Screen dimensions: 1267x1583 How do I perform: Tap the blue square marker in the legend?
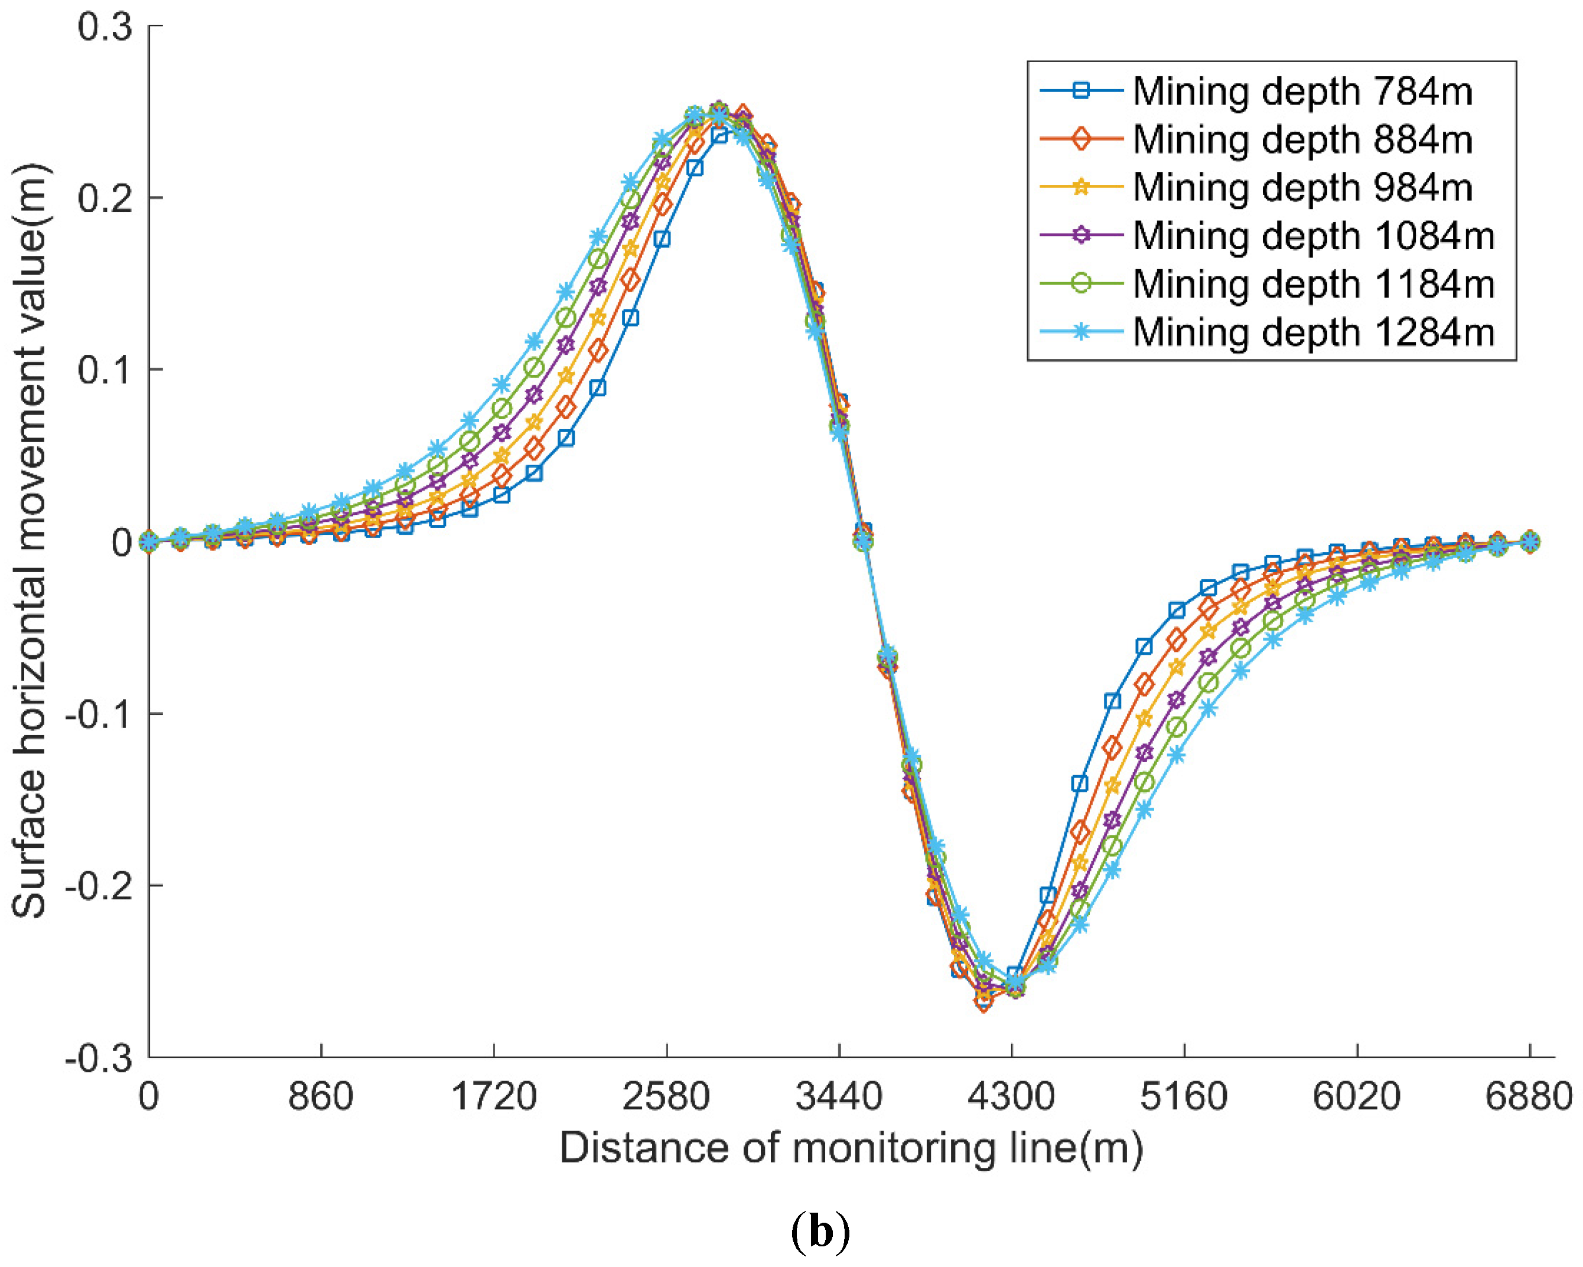(x=1081, y=91)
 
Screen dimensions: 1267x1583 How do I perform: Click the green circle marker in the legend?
(x=1081, y=284)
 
